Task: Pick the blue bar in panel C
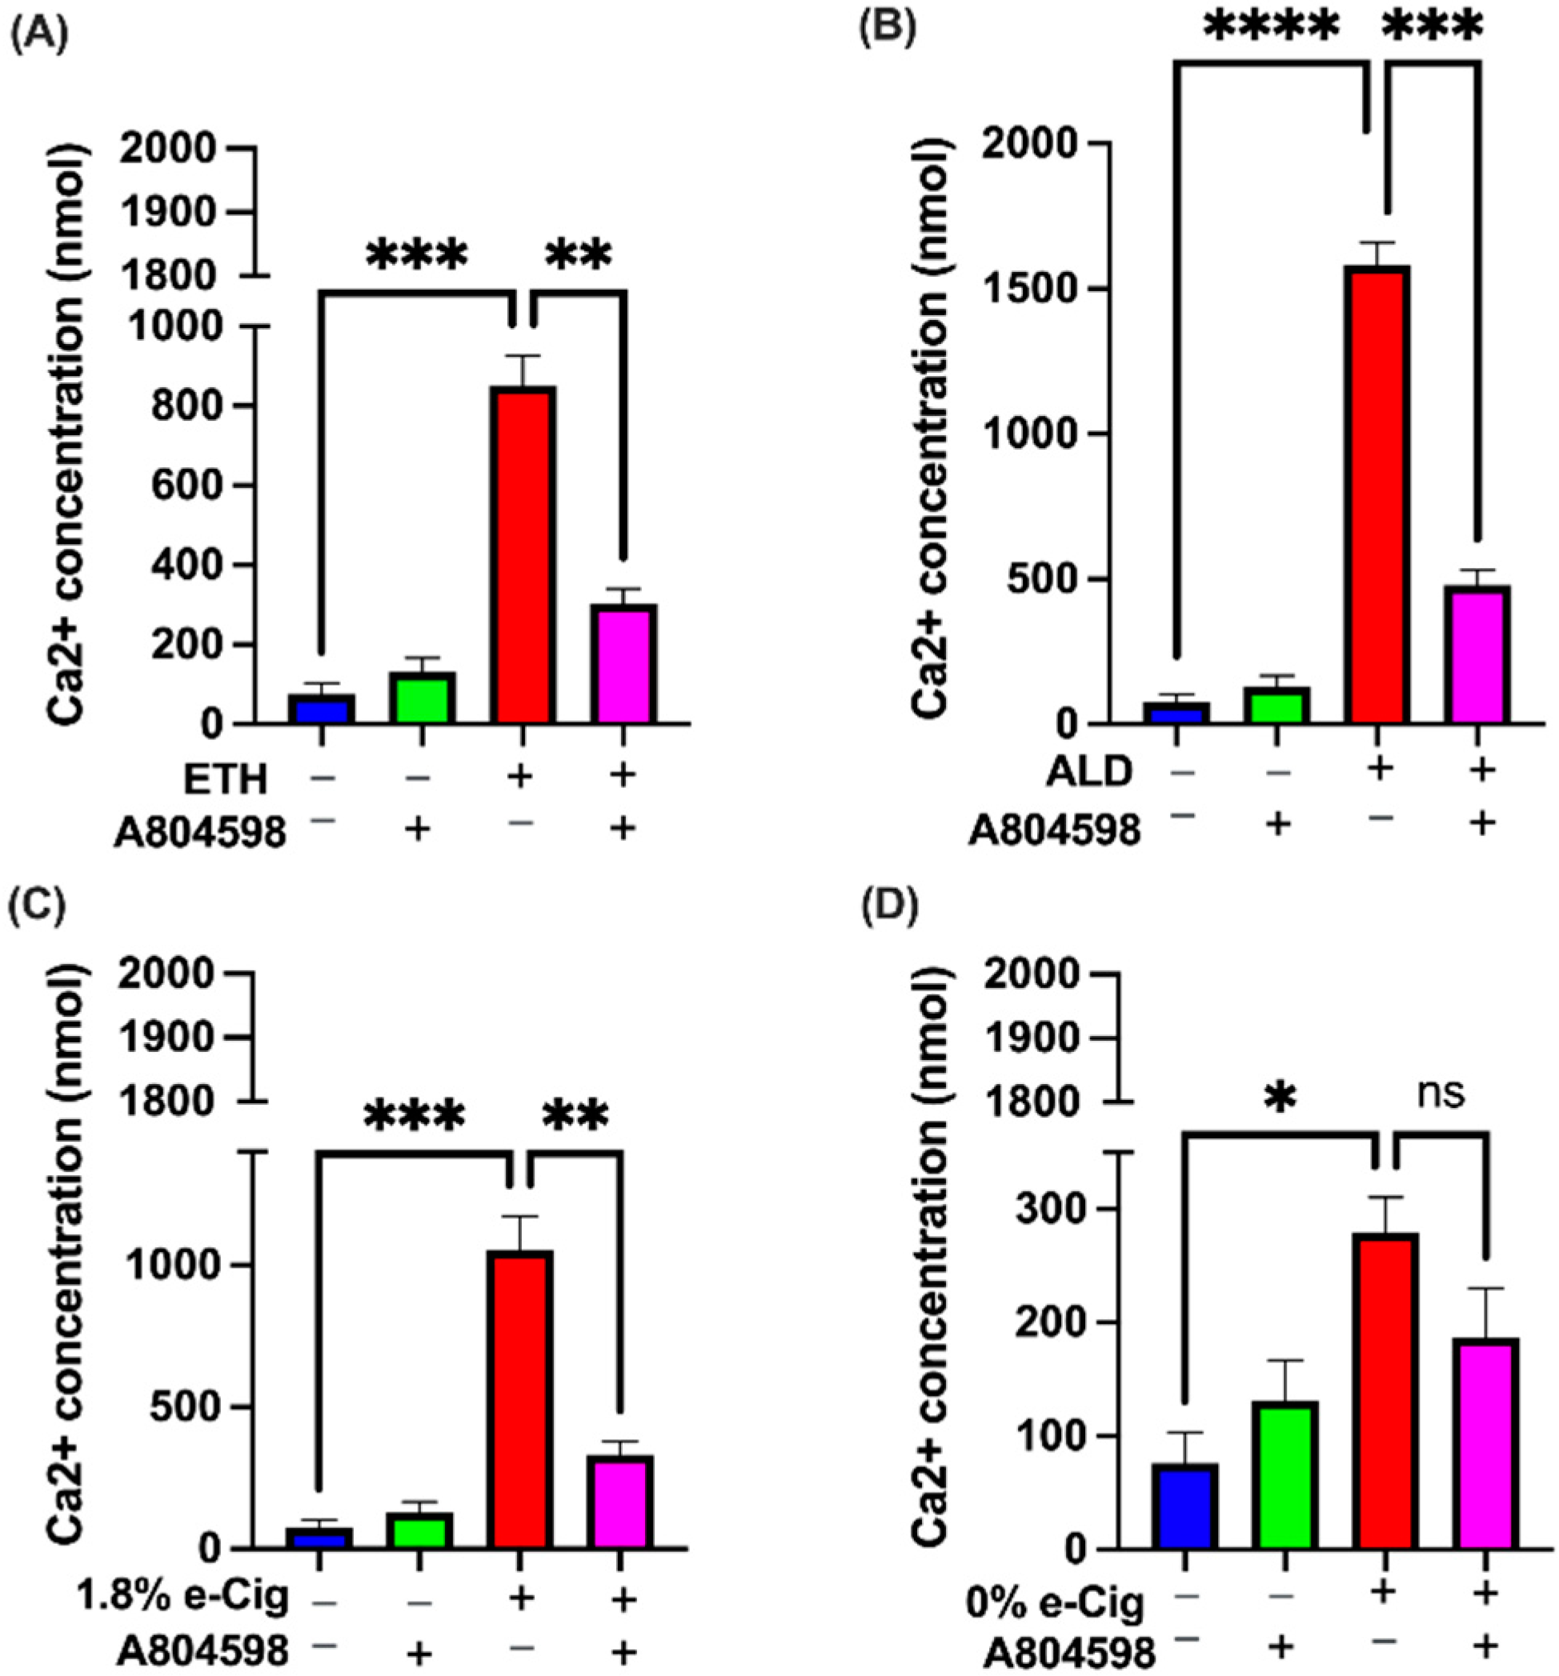coord(319,1537)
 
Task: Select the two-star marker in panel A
coord(577,254)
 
